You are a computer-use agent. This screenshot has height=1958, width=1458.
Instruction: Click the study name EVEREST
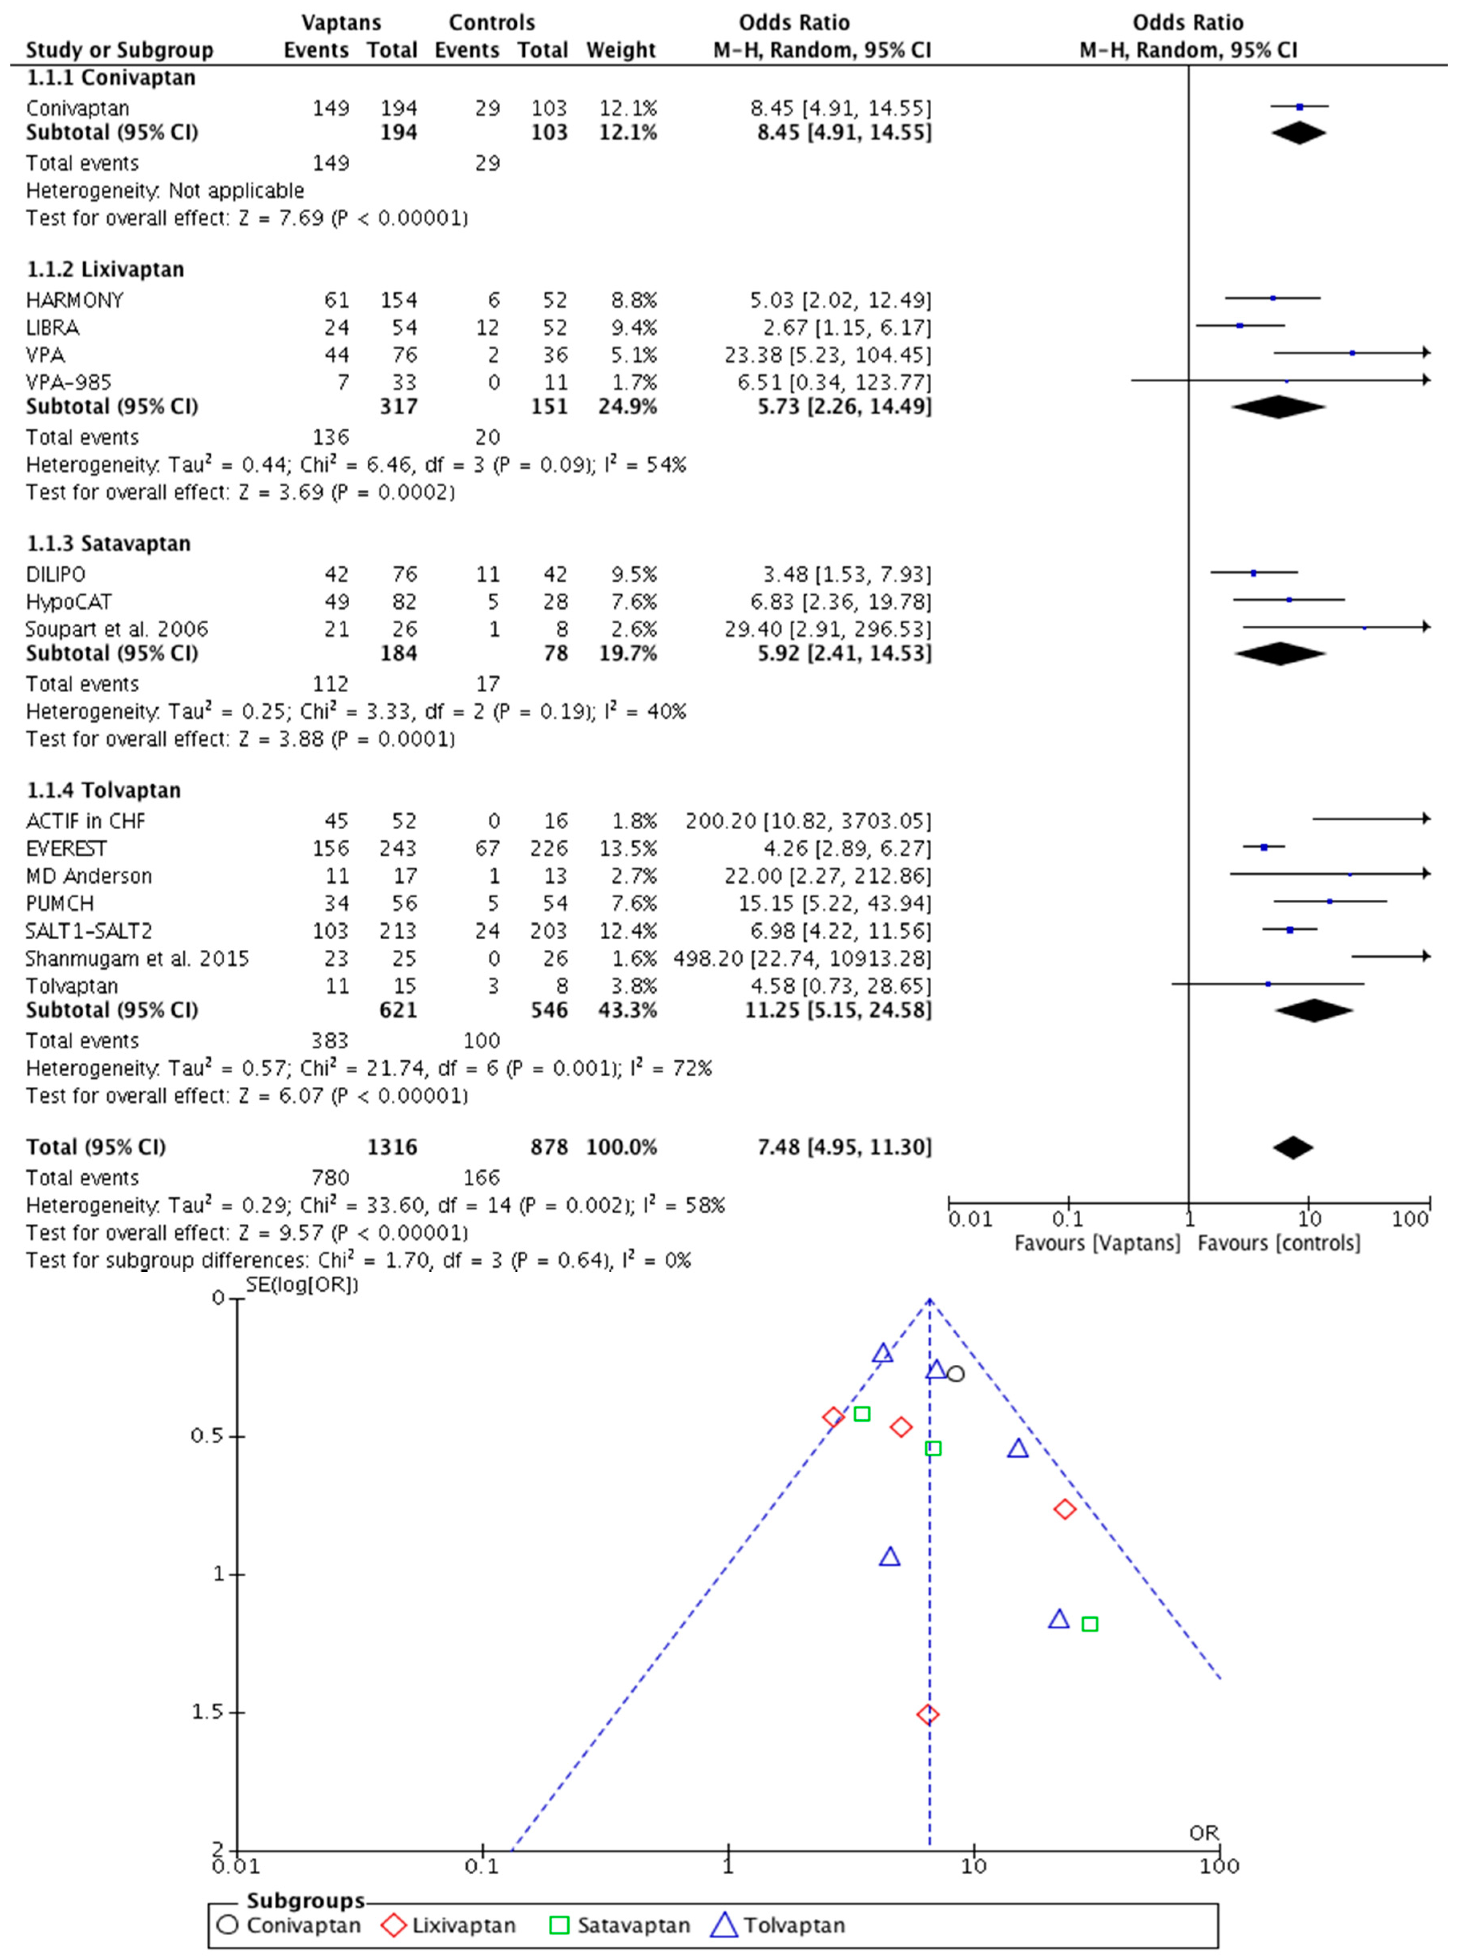click(x=66, y=849)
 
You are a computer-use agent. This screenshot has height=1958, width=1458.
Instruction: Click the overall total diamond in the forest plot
click(x=1293, y=1147)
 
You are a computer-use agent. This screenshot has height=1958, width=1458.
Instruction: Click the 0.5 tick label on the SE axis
click(x=207, y=1436)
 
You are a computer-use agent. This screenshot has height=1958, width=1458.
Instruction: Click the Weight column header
click(x=620, y=50)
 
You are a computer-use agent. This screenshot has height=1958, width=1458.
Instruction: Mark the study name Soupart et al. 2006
click(x=117, y=629)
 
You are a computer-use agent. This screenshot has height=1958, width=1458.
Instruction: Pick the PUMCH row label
click(x=60, y=904)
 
